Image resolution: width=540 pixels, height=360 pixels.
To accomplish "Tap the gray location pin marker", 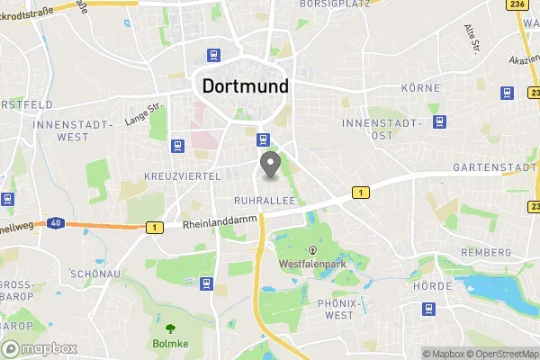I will (x=269, y=165).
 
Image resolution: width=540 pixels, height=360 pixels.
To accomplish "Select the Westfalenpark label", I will (x=312, y=265).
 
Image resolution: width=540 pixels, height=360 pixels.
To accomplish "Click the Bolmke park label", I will (x=169, y=343).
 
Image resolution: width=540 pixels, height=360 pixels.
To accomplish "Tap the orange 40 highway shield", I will (x=56, y=222).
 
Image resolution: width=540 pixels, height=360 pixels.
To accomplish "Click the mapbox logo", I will (x=40, y=348).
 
